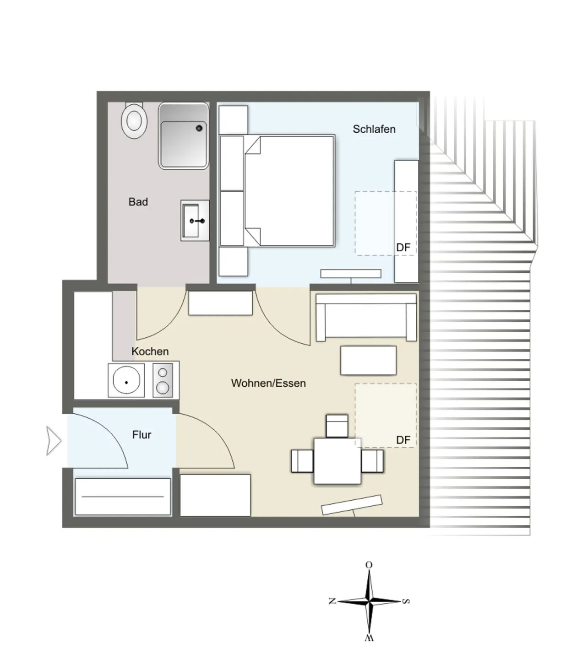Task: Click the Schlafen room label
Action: pos(374,129)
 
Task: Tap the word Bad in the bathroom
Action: pos(138,202)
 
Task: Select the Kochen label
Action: pos(150,351)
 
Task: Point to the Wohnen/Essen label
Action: pos(268,383)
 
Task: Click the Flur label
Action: pos(142,434)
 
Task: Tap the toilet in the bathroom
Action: pos(134,120)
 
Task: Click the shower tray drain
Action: pos(199,128)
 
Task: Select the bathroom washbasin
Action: pos(195,221)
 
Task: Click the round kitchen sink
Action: pos(126,380)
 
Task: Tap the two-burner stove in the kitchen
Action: pos(163,380)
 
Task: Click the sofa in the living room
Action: pos(366,317)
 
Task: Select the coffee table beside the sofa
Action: pos(368,361)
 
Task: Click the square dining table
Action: pos(337,461)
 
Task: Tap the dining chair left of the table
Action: pos(302,461)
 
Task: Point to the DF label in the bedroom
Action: pos(403,248)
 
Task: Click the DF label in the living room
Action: pos(403,440)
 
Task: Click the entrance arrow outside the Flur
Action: pos(54,441)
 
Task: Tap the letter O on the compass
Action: pos(369,565)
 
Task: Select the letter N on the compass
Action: pos(332,601)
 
